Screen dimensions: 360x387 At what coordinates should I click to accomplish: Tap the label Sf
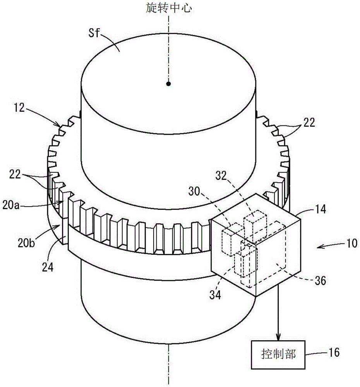[x=94, y=33]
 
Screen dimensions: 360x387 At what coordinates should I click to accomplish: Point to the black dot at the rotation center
[x=168, y=84]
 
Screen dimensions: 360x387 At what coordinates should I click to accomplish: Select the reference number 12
[x=19, y=108]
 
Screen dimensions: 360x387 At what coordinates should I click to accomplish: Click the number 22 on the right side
[x=309, y=122]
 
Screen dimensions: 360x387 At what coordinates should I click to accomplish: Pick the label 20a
[x=10, y=205]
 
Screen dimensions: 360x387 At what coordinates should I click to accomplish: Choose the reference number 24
[x=48, y=267]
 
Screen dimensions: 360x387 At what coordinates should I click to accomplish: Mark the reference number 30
[x=194, y=191]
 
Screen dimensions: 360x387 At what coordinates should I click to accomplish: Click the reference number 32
[x=221, y=176]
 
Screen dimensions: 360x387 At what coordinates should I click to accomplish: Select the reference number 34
[x=215, y=295]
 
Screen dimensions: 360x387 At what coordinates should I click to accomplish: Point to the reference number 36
[x=320, y=281]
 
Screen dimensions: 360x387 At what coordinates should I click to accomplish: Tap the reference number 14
[x=320, y=209]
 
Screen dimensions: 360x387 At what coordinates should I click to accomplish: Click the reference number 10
[x=352, y=243]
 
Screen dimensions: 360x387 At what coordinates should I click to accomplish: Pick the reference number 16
[x=333, y=352]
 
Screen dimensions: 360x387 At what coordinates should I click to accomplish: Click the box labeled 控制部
[x=278, y=354]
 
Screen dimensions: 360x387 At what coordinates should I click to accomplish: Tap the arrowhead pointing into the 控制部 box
[x=278, y=337]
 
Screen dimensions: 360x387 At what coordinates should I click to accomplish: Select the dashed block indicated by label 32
[x=255, y=224]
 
